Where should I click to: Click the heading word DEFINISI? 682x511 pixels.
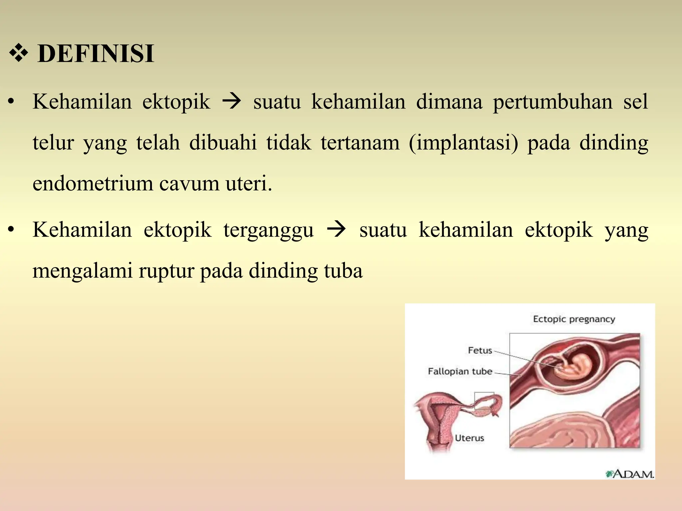click(96, 54)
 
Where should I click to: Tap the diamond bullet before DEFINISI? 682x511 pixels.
click(18, 54)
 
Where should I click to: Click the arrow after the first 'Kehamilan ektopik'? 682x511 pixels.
click(231, 101)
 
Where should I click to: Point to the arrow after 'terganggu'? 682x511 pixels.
click(336, 230)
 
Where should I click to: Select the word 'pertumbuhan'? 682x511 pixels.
click(552, 102)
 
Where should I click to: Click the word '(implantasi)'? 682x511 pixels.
click(463, 143)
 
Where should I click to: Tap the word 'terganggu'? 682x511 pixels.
click(268, 230)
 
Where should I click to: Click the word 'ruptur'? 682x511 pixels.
click(167, 271)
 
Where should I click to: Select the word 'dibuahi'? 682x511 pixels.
click(223, 143)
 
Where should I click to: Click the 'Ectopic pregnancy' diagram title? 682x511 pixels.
click(574, 319)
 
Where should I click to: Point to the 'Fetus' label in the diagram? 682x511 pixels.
click(480, 350)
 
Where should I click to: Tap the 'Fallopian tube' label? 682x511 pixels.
click(460, 371)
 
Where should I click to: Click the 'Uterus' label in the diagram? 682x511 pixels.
click(469, 438)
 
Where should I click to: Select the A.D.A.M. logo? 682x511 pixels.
click(630, 474)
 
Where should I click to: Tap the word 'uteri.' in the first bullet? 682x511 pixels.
click(249, 184)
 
